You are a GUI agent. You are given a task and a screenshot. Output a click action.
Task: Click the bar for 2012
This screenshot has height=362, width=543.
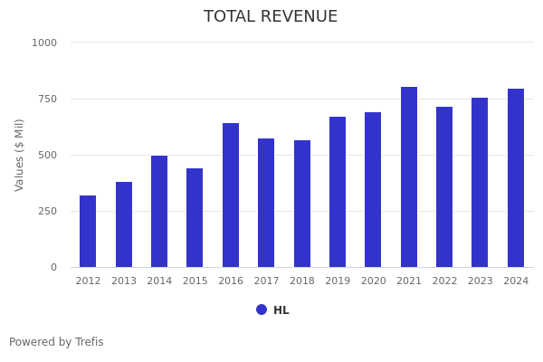point(88,232)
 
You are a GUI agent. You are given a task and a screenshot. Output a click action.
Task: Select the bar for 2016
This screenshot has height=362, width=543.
point(231,195)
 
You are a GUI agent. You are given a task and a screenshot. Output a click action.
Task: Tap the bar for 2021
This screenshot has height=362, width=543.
point(409,177)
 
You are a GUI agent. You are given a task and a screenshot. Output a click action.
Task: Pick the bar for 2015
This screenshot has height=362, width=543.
point(195,218)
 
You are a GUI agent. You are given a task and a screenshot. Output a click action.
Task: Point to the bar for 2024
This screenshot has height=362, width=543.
point(516,178)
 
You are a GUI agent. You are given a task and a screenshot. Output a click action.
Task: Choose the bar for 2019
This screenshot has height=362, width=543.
point(338,192)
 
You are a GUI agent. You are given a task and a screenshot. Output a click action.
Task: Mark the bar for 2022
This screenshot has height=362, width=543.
point(444,187)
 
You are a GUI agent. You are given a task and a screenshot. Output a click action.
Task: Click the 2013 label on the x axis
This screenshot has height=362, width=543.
point(124,281)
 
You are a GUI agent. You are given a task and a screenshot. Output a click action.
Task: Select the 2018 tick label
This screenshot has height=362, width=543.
point(302,281)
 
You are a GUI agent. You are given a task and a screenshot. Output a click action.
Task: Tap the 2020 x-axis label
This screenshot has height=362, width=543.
point(373,281)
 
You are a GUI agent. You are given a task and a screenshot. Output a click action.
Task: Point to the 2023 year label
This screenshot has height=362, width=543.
point(481,281)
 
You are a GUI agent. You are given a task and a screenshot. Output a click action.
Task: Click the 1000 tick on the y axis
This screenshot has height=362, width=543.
point(44,43)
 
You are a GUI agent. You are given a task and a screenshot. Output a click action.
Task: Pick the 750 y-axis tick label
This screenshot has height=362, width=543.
point(48,99)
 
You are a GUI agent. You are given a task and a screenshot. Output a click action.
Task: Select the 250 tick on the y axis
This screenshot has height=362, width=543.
point(48,211)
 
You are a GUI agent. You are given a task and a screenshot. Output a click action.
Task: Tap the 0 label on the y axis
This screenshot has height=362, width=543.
point(53,267)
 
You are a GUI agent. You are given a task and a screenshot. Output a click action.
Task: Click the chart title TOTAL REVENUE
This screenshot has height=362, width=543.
point(271,17)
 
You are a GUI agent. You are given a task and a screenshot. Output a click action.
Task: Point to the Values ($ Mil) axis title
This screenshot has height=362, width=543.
point(20,155)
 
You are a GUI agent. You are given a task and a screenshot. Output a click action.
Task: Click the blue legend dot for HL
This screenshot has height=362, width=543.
point(262,310)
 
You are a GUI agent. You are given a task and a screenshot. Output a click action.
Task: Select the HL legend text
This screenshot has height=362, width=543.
point(281,310)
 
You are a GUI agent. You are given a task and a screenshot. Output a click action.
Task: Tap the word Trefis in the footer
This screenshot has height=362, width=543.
point(89,342)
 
